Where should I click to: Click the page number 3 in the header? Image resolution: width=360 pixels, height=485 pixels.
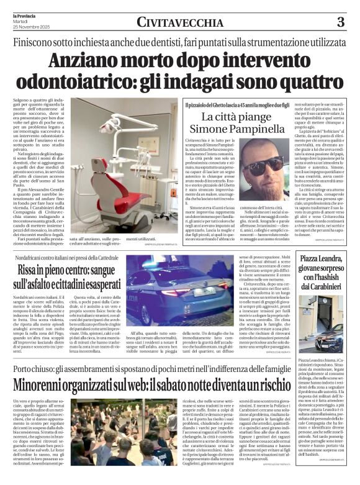coord(340,22)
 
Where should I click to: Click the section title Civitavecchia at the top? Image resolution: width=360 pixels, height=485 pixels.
coord(180,23)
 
